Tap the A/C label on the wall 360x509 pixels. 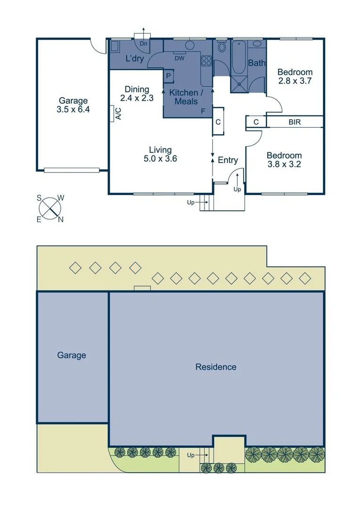[x=118, y=114]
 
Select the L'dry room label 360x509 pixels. [x=134, y=59]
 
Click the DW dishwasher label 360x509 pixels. [x=180, y=58]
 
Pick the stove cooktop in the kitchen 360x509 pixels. [x=206, y=60]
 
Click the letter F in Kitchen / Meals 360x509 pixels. [x=203, y=111]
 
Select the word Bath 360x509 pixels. [x=257, y=63]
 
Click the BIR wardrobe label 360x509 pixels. [x=295, y=122]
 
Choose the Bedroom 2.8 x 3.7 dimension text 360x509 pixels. [x=295, y=81]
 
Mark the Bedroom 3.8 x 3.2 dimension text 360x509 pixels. [x=284, y=164]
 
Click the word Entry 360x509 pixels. [x=228, y=160]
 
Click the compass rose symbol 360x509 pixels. [x=50, y=208]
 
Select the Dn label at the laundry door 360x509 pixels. [x=143, y=43]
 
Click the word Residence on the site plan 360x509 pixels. [x=216, y=367]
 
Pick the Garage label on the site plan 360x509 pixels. [x=72, y=355]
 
